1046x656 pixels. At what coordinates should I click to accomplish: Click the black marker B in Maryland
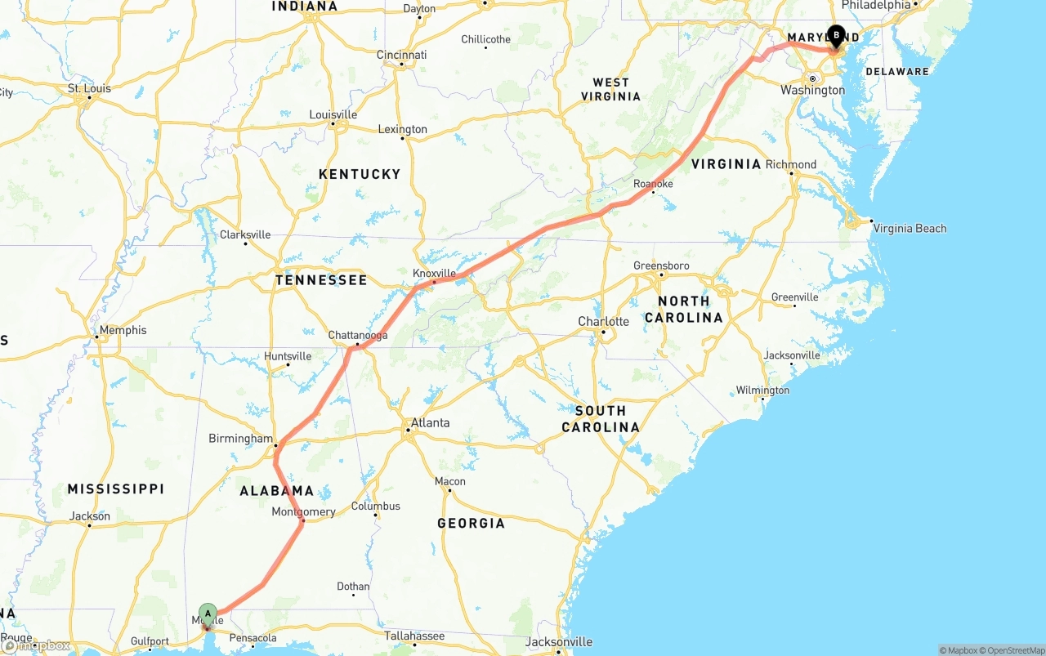[x=836, y=35]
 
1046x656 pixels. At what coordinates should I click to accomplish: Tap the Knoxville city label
[x=434, y=273]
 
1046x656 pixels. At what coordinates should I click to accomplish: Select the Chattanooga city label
[x=358, y=335]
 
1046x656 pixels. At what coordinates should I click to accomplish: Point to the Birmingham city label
[x=240, y=438]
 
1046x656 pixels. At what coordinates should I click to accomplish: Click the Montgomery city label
[x=303, y=511]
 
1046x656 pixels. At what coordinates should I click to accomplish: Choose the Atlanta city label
[x=430, y=422]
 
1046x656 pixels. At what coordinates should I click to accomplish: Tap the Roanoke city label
[x=653, y=184]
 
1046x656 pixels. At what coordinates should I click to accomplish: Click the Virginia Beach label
[x=910, y=228]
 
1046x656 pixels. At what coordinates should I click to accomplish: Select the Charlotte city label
[x=603, y=321]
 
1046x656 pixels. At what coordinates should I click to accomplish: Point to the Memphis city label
[x=123, y=330]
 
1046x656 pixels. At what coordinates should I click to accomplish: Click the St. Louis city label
[x=89, y=88]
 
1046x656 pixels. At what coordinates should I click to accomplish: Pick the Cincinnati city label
[x=401, y=55]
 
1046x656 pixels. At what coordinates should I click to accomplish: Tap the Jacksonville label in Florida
[x=559, y=641]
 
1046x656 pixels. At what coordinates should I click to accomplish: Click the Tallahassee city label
[x=415, y=636]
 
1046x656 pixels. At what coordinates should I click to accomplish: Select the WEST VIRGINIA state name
[x=610, y=89]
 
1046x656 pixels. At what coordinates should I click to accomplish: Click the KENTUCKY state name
[x=360, y=174]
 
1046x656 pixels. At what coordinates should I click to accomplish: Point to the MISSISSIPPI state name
[x=115, y=489]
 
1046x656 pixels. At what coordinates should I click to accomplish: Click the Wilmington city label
[x=762, y=390]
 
